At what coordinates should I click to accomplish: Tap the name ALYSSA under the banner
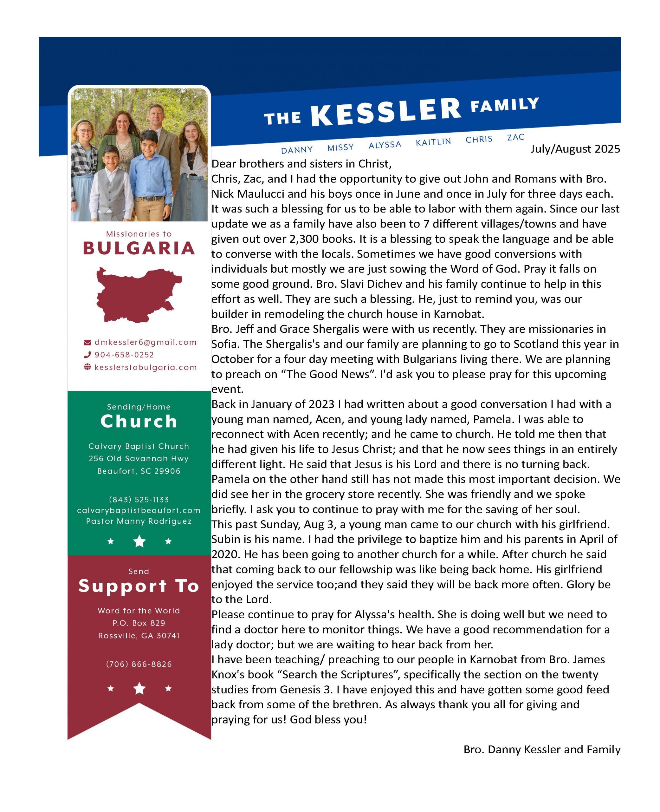tap(385, 145)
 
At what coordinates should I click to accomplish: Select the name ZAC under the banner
tap(515, 137)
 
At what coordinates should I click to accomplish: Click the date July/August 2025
tap(575, 149)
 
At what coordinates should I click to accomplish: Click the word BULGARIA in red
tap(139, 248)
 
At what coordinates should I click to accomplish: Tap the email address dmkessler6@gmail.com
tap(145, 342)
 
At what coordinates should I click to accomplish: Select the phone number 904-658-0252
tap(124, 355)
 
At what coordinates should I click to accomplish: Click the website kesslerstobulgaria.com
tap(145, 367)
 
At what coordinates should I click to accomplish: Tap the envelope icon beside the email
tap(87, 343)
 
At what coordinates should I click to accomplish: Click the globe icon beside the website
tap(87, 367)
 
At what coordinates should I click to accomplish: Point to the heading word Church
tap(139, 422)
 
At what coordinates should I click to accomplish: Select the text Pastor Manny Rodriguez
tap(139, 521)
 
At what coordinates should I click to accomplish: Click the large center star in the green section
tap(139, 541)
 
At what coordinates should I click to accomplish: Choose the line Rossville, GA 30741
tap(139, 636)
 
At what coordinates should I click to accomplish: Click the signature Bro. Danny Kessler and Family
tap(542, 749)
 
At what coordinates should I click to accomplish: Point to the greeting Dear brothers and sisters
tap(301, 164)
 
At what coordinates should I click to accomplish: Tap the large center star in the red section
tap(139, 688)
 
